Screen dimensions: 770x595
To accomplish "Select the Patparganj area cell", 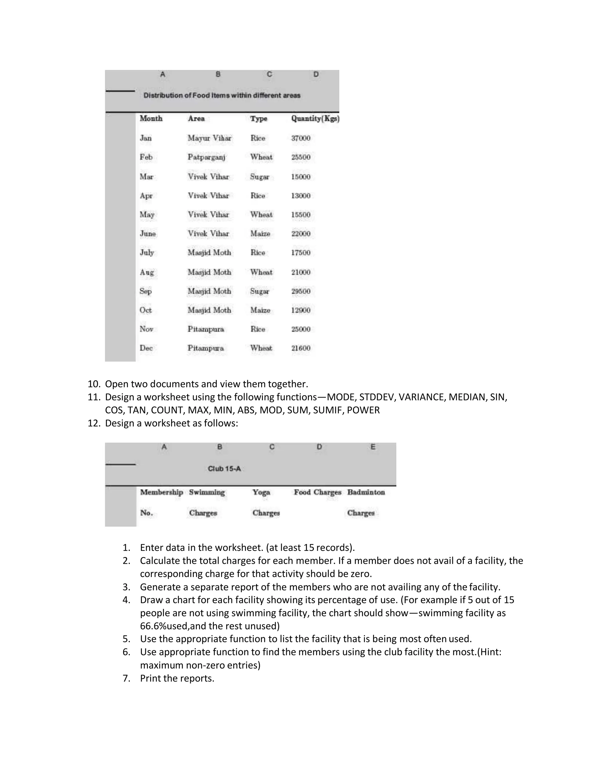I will click(x=206, y=157).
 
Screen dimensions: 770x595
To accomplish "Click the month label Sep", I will click(x=146, y=291).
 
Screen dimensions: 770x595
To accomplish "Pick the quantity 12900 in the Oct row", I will click(x=301, y=310).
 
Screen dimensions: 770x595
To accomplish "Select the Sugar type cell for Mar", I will click(x=260, y=177).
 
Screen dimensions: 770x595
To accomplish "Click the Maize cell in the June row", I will click(x=260, y=234).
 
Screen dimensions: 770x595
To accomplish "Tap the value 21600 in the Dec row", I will click(x=301, y=348).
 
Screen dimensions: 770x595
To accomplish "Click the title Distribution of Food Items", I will click(x=222, y=96).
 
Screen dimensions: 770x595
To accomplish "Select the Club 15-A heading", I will click(x=224, y=469).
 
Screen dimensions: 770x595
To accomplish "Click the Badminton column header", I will click(x=366, y=492).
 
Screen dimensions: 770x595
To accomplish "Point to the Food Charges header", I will click(x=318, y=492).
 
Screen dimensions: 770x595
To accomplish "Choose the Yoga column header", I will click(x=261, y=492).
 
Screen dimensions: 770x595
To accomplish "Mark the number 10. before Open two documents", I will click(x=94, y=384).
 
